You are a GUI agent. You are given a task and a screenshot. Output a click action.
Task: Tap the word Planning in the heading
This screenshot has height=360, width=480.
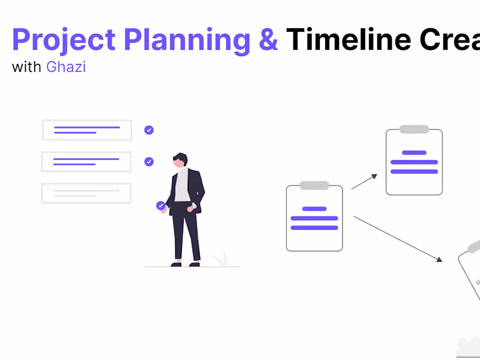[x=187, y=40]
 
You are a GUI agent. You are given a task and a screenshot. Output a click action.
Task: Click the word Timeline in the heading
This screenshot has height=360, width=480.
[x=349, y=40]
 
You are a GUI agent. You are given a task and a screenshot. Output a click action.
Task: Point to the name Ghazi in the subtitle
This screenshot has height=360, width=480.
[x=66, y=67]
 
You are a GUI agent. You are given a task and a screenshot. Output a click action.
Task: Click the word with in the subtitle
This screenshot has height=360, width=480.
[x=26, y=67]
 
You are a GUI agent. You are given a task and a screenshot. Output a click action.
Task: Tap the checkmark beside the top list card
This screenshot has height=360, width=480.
[x=149, y=130]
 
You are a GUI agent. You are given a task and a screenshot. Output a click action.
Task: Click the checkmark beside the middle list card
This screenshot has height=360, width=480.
[x=149, y=161]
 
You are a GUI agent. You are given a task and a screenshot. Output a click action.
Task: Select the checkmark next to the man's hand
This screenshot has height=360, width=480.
[x=161, y=206]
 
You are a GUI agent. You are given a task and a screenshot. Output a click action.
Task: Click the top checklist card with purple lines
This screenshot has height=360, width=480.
[x=87, y=130]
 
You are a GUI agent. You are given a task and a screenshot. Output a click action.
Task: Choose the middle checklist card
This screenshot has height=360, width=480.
[x=86, y=161]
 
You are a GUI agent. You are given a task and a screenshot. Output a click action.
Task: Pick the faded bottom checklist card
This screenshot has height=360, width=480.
[x=86, y=193]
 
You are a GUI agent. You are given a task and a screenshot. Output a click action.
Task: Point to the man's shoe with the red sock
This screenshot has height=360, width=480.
[x=176, y=262]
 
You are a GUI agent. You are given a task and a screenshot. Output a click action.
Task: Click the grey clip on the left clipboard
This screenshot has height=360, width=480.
[x=314, y=185]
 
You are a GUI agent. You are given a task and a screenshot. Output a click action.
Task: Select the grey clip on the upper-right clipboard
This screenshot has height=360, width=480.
[x=414, y=129]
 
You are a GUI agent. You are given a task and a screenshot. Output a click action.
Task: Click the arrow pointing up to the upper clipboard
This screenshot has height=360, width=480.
[x=364, y=182]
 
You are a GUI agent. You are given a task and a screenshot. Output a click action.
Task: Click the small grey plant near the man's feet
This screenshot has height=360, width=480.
[x=220, y=259]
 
